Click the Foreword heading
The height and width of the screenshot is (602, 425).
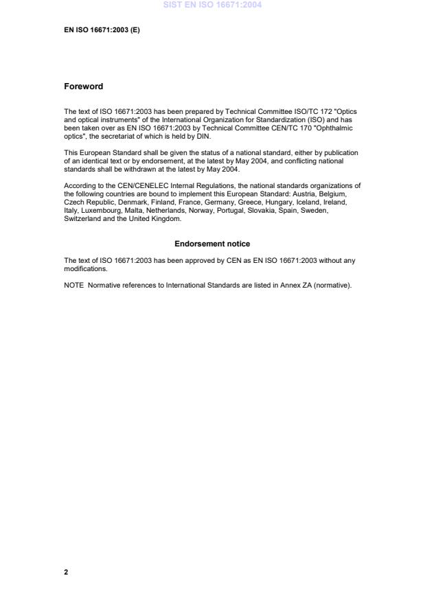point(83,86)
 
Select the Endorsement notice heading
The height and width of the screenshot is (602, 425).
point(212,244)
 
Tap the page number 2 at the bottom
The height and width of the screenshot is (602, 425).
point(66,572)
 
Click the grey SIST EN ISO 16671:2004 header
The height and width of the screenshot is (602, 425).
point(212,5)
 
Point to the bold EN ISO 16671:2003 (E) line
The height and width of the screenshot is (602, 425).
point(102,30)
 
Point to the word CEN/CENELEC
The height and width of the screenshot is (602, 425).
point(129,185)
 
